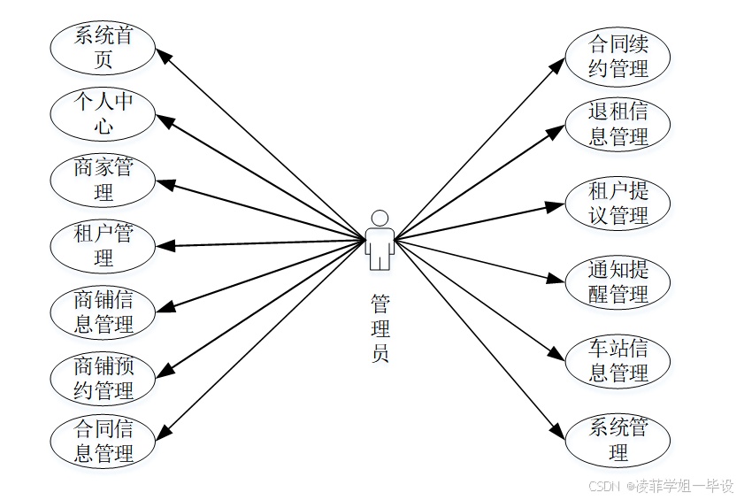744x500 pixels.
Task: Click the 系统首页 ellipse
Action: point(104,48)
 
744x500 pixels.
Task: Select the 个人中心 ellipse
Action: point(104,113)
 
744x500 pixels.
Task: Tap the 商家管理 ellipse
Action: point(104,179)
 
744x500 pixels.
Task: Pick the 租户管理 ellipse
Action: point(104,245)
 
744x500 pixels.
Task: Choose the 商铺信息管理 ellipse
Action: point(104,312)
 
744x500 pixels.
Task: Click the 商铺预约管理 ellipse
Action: point(104,377)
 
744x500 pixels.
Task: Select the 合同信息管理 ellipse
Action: point(104,442)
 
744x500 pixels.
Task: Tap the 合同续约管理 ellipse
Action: point(617,55)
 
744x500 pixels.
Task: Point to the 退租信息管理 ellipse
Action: point(617,123)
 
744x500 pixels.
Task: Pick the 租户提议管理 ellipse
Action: point(617,202)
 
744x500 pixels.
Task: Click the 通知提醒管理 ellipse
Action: point(617,281)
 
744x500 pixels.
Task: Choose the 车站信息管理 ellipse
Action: point(617,360)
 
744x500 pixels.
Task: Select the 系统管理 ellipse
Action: point(617,439)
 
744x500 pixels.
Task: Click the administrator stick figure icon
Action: point(380,241)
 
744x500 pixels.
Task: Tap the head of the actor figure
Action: point(380,218)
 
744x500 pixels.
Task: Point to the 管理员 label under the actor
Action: point(380,328)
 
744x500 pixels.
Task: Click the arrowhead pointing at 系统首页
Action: point(165,54)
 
